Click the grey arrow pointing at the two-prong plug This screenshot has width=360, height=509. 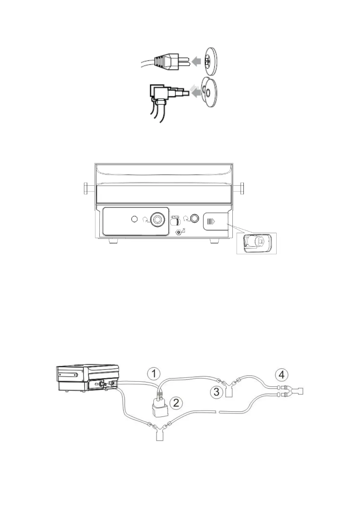(x=197, y=62)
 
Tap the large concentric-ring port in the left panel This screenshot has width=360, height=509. (x=157, y=219)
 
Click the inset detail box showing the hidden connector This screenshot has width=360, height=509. (x=256, y=243)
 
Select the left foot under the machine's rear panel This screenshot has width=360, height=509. (x=114, y=241)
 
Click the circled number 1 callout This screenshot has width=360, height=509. (x=154, y=374)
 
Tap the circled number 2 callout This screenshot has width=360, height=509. (x=176, y=403)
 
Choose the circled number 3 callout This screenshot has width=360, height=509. (x=217, y=392)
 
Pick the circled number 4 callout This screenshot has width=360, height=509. (x=281, y=375)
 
